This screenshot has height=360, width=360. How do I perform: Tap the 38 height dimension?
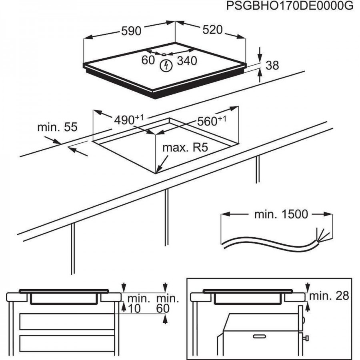point(272,65)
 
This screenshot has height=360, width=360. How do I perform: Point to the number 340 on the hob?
point(187,61)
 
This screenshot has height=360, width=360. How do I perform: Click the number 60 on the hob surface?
point(148,60)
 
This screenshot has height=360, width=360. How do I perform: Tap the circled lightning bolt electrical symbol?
point(164,66)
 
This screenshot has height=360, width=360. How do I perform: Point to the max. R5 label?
point(185,148)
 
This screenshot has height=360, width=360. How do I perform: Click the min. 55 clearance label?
point(57,127)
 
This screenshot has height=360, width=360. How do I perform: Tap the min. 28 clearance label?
point(329,296)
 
